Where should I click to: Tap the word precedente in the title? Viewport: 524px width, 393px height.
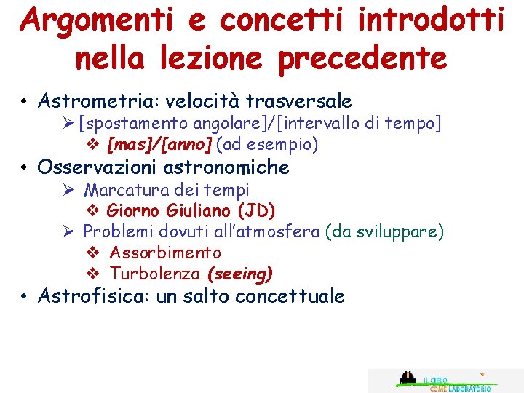click(362, 58)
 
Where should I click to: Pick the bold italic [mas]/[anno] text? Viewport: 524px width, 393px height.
click(159, 146)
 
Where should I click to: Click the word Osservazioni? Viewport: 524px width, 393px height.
click(98, 167)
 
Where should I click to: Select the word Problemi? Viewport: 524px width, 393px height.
click(116, 232)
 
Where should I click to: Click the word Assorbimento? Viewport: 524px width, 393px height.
click(165, 253)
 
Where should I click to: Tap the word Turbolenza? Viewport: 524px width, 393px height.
click(154, 274)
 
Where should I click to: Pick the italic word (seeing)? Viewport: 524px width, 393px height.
click(239, 274)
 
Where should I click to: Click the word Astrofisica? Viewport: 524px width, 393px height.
click(92, 296)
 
